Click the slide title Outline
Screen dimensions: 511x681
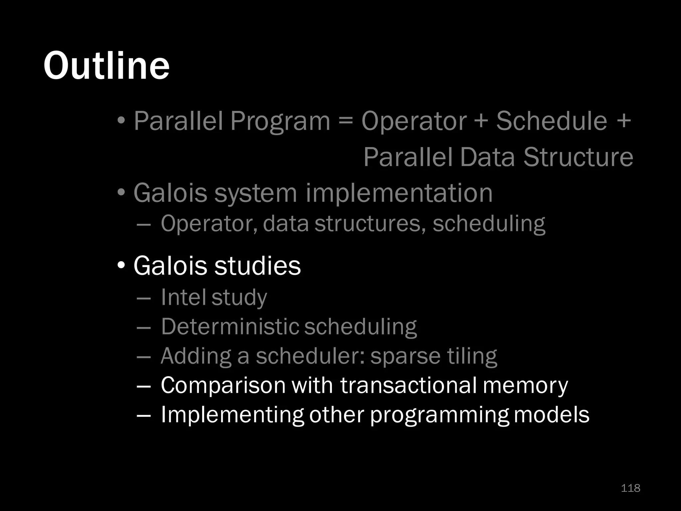point(106,66)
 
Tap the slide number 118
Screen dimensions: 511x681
point(630,488)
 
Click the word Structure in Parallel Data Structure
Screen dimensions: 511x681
point(578,157)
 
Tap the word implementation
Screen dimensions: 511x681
point(399,193)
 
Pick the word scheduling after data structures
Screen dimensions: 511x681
point(489,224)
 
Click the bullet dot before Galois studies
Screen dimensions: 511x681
point(121,265)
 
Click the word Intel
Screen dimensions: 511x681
point(183,297)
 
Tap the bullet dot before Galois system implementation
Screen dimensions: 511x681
point(121,193)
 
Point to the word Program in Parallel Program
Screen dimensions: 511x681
point(280,121)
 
